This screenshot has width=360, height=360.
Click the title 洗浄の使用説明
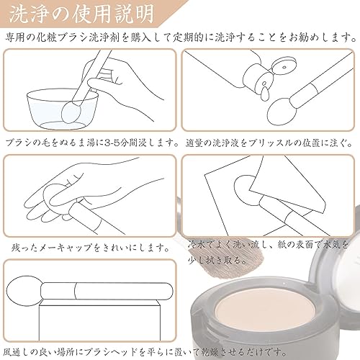click(x=81, y=14)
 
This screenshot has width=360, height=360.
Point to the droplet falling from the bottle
click(x=265, y=94)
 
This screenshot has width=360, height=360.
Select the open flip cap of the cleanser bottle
click(x=284, y=66)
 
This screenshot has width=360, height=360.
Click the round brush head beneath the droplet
click(x=280, y=111)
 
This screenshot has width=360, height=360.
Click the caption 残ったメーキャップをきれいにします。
click(x=90, y=248)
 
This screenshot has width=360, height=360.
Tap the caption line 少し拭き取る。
click(x=217, y=260)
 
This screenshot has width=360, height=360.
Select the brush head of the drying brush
click(x=24, y=291)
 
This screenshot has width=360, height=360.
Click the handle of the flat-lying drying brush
click(x=107, y=291)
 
